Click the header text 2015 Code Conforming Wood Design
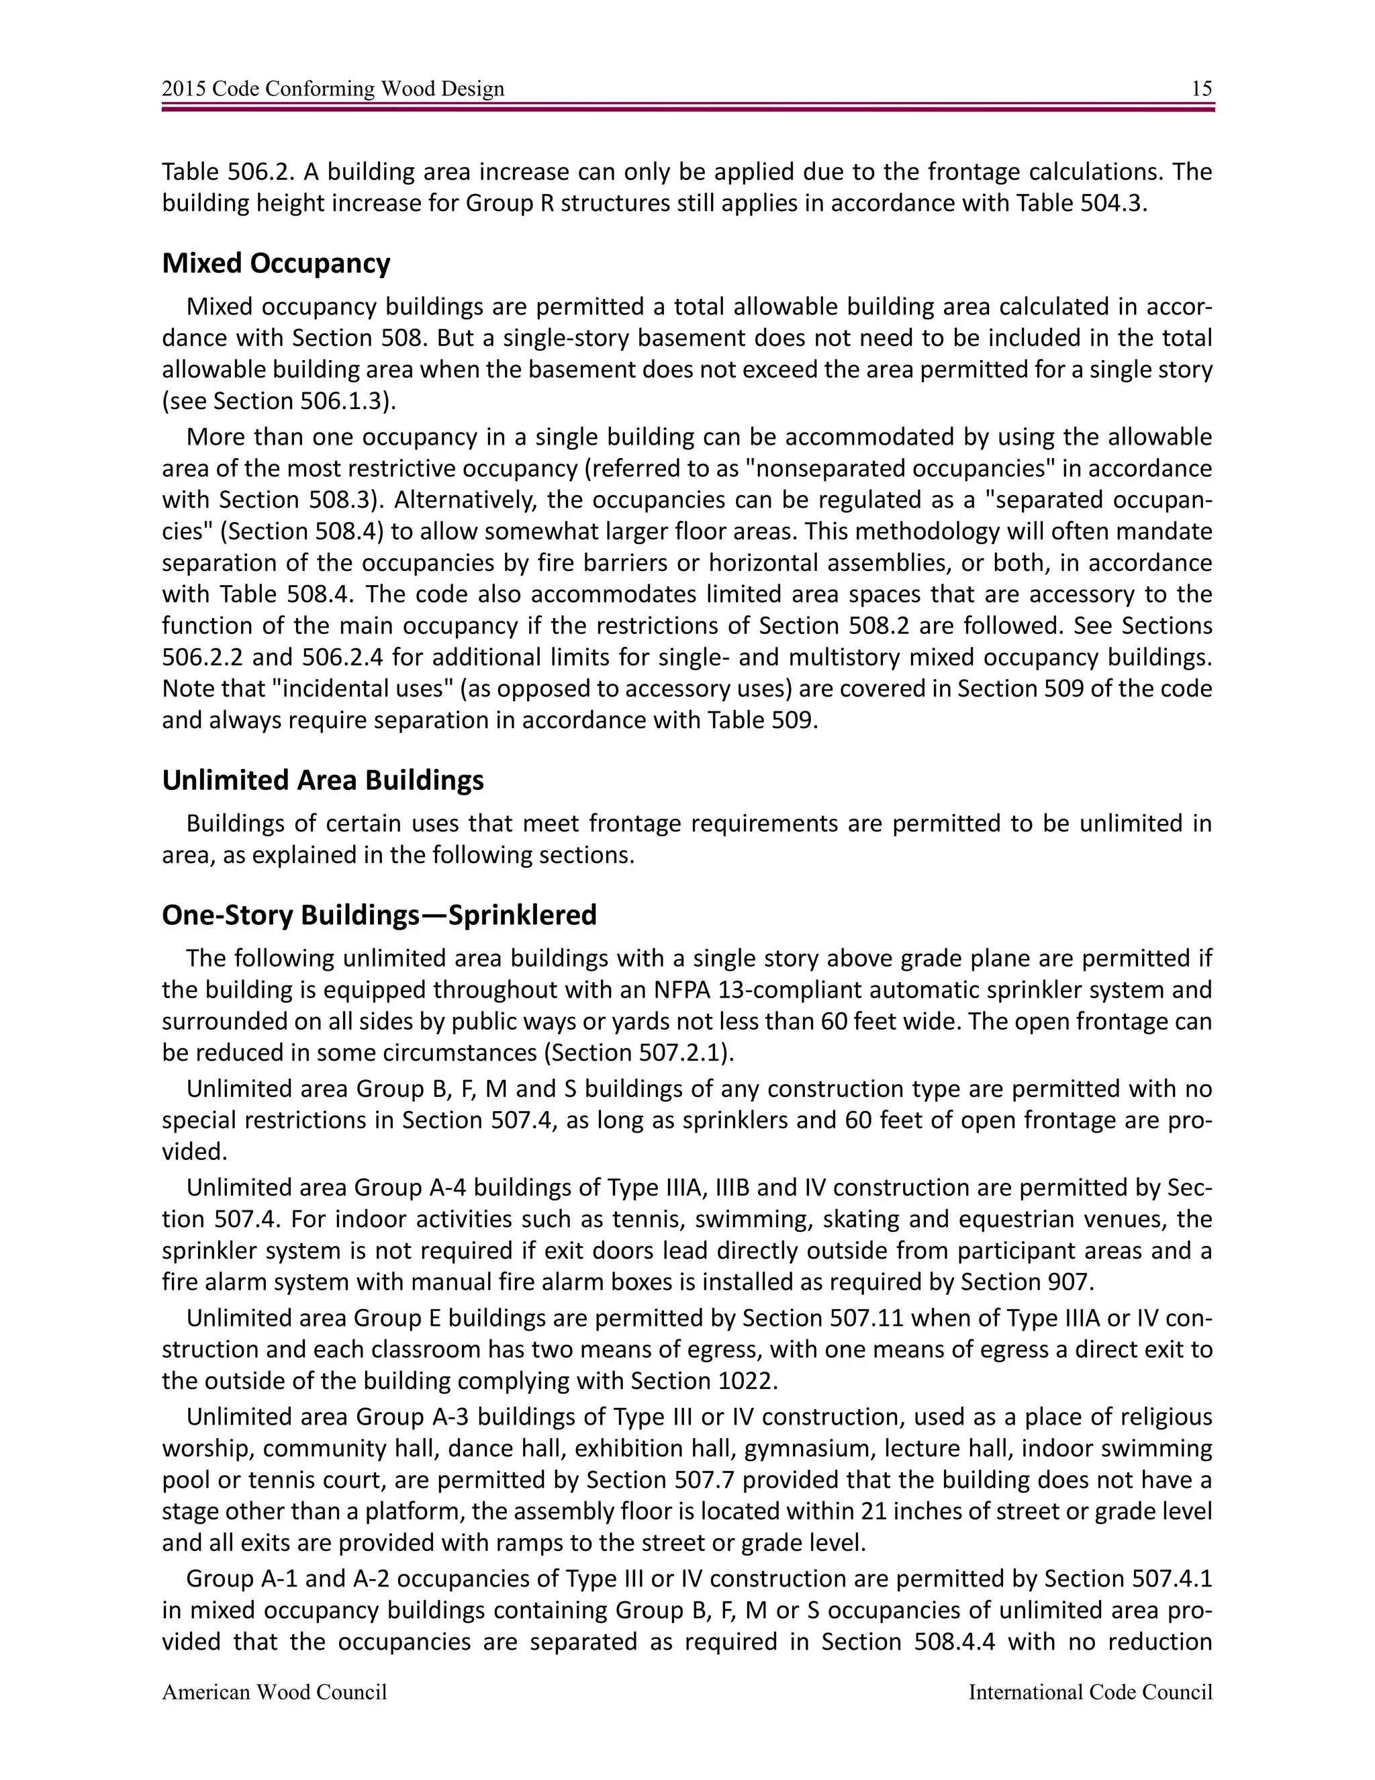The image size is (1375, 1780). [333, 89]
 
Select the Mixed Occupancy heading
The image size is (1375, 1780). [276, 263]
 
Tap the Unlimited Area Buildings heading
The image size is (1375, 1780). [322, 780]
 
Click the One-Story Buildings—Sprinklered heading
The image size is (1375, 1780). [379, 916]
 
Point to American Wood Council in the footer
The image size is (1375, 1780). [275, 1693]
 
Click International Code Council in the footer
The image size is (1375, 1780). [1090, 1693]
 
